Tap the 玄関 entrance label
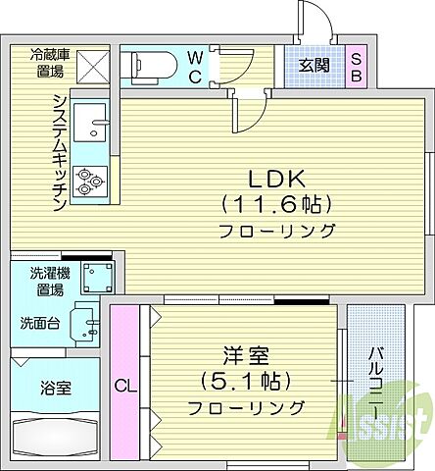314,66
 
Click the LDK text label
277,180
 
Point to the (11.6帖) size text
277,205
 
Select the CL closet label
123,387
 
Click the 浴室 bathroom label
56,388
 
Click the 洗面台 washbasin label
39,322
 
